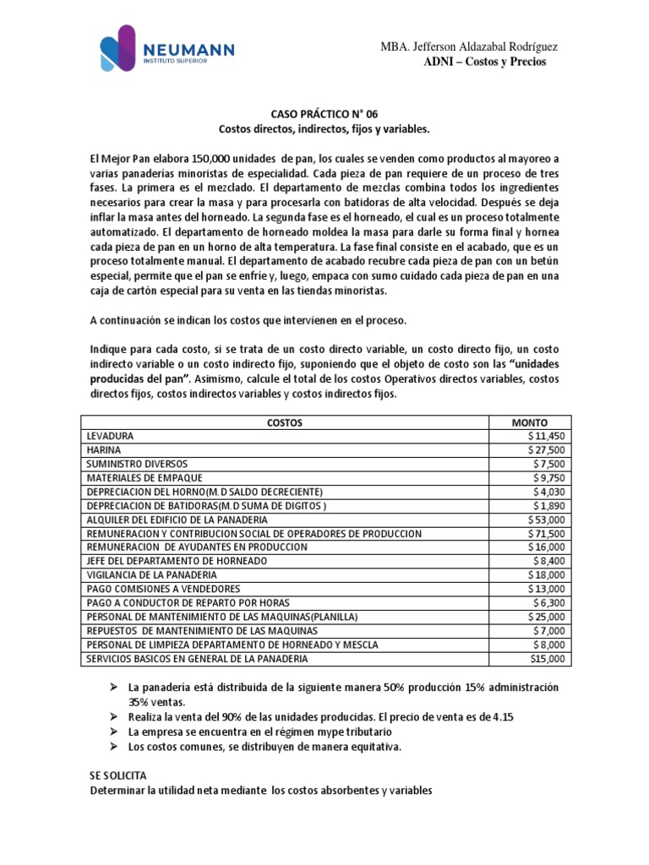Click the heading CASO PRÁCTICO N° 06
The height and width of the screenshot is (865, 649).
324,113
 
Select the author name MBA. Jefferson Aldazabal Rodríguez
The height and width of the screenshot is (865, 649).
468,46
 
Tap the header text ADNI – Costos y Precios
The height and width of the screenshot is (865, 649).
484,62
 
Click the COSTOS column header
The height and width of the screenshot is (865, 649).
284,422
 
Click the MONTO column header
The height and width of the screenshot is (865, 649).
530,422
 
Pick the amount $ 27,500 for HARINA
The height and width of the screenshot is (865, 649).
546,450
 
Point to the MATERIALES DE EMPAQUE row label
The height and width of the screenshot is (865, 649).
145,477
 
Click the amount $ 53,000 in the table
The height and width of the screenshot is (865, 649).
546,519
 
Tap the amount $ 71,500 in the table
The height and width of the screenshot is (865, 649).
546,533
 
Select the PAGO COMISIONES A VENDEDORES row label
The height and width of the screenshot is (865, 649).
163,588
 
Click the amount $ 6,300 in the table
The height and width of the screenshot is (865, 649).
549,602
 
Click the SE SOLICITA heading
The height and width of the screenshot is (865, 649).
117,774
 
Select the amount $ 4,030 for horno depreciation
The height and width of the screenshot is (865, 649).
549,492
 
